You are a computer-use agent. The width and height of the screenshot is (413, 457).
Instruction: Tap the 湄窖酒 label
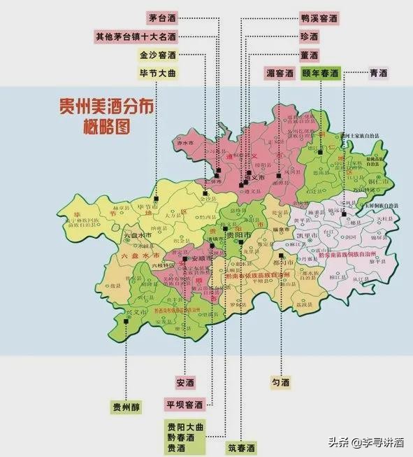[x=279, y=72]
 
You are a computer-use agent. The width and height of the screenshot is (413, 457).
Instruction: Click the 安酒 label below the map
[x=185, y=382]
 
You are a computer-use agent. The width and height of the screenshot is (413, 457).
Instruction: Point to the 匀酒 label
[x=280, y=382]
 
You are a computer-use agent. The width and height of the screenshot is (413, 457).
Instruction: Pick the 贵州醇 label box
[x=126, y=407]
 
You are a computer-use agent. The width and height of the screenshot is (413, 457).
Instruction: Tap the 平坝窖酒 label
[x=184, y=405]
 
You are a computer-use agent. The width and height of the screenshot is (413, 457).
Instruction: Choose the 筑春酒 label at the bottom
[x=241, y=447]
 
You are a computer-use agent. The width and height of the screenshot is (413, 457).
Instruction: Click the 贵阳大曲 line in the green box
[x=184, y=426]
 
